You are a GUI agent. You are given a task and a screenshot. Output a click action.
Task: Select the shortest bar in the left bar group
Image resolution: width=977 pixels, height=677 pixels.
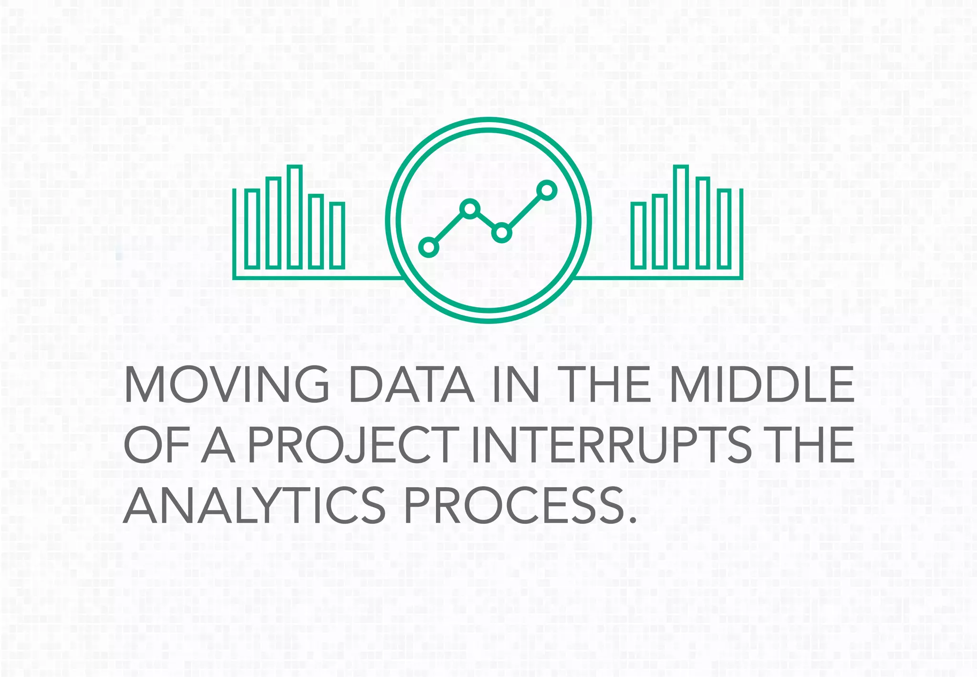(338, 235)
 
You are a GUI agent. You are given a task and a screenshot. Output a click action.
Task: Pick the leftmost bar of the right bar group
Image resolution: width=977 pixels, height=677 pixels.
(638, 235)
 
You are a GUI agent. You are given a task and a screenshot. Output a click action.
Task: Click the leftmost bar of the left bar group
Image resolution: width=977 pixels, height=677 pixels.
(252, 229)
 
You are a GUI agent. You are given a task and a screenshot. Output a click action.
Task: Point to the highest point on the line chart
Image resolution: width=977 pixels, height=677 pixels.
(547, 190)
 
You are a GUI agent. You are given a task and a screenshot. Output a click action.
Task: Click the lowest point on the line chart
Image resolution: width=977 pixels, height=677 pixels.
(428, 247)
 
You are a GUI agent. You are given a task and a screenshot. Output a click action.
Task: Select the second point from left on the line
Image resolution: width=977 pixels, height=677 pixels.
(470, 208)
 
